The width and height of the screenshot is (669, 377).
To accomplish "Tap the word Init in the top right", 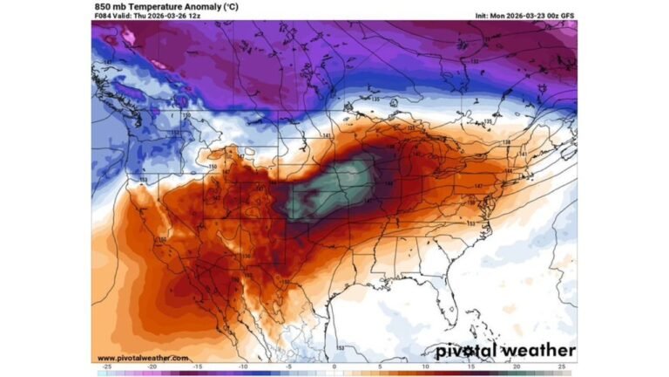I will pos(483,16).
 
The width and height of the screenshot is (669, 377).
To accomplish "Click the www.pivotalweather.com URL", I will pos(142,358).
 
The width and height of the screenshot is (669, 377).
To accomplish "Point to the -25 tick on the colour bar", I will pos(106,367).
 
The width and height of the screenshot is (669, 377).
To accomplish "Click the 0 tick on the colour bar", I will pos(334,367).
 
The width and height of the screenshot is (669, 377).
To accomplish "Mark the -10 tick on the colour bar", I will pos(243,367).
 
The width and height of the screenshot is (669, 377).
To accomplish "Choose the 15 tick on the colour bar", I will pos(470,367).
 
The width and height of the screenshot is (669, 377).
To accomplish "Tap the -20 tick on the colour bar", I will pos(152,367).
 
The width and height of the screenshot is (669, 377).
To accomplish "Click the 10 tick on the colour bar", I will pos(425,367).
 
